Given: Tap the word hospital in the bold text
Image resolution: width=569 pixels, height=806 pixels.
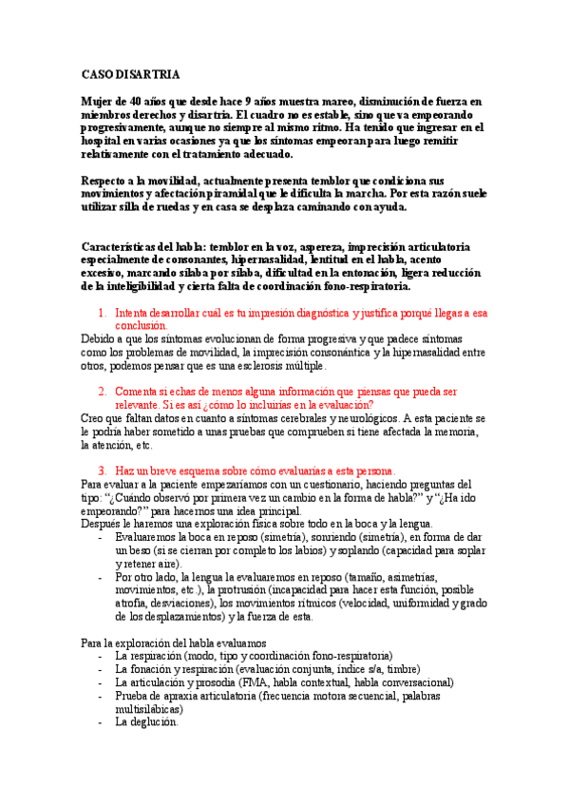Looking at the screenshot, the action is pos(103,141).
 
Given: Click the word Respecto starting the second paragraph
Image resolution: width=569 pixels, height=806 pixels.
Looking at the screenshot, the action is pos(107,181).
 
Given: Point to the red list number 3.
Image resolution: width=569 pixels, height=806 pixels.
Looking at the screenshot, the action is pos(101,470).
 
